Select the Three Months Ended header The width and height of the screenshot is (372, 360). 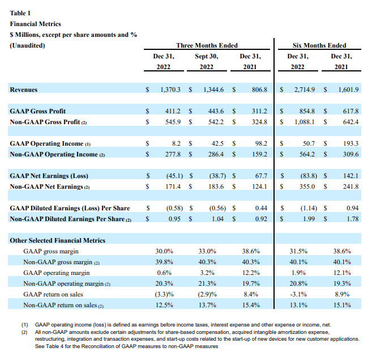point(207,45)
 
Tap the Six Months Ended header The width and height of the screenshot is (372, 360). point(319,45)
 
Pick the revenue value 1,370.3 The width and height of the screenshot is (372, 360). point(169,90)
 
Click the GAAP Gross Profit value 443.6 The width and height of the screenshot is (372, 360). point(215,111)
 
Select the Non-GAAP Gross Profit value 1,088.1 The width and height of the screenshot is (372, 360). point(303,121)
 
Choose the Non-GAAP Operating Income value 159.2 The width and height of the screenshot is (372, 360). point(258,154)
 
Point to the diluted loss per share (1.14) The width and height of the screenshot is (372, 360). point(306,208)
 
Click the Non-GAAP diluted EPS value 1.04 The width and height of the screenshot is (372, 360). point(217,218)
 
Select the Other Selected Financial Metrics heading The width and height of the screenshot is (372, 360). point(58,240)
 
